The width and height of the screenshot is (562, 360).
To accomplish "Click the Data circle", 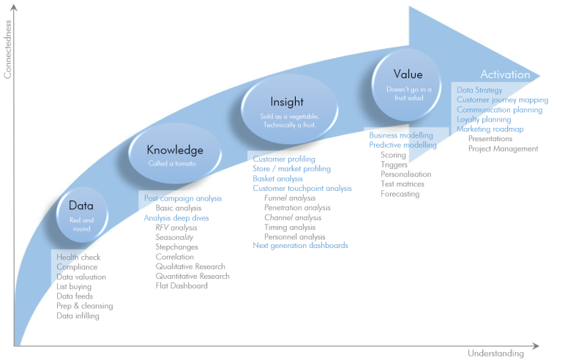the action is coord(82,215).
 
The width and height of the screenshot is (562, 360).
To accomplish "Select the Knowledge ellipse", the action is coord(175,154).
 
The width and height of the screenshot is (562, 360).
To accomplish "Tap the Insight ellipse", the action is coord(289,109).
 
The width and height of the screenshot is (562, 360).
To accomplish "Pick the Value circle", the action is coord(406,85).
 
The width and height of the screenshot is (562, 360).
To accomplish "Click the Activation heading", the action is coord(505,74).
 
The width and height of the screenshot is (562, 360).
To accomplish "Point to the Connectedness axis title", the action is coord(7,49).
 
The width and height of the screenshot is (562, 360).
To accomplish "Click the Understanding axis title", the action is coord(495,353).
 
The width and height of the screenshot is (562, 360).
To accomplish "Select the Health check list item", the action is coord(78,257).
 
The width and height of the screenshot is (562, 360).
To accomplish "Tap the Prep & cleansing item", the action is coord(85,306).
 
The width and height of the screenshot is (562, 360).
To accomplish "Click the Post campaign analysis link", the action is coord(183,198).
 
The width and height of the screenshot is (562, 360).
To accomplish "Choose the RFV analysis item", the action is coord(176,228).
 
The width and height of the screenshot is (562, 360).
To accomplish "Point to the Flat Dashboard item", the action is coord(181,286).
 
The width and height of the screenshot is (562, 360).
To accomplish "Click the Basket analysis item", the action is coord(278,179).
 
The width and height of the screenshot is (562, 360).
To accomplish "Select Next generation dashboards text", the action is coord(300,246).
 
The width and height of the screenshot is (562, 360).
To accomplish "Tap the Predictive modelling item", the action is coord(403,145).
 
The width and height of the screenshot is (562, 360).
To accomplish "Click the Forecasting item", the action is coord(400,194).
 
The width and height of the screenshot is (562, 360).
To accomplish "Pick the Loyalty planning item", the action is coord(484,119).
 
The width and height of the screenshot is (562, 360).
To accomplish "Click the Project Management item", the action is coord(503,149).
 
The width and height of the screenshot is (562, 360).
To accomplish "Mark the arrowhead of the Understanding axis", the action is coord(536,346).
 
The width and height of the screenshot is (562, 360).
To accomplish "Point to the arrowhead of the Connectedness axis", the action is coord(14,7).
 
